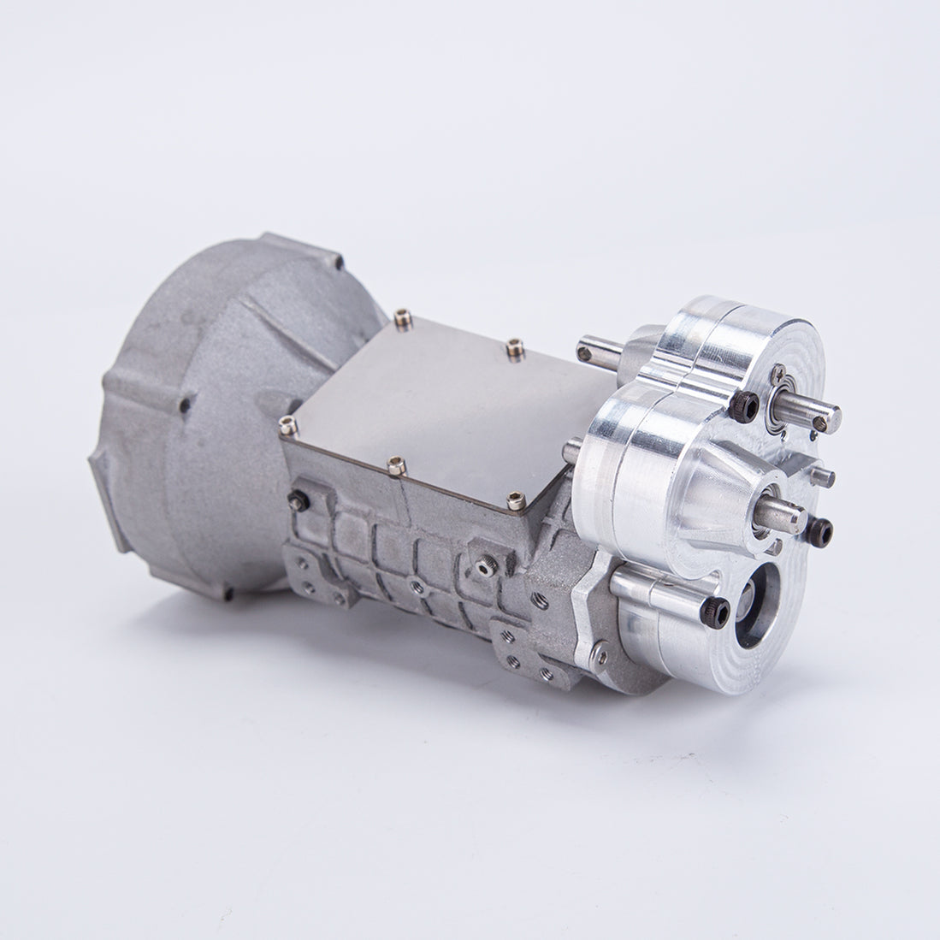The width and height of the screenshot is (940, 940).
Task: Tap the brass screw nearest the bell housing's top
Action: tap(403, 321)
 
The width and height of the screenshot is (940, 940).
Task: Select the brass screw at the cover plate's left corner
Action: tap(288, 424)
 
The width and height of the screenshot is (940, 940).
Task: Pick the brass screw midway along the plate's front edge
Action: tap(396, 466)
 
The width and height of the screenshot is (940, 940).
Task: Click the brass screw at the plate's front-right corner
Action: tap(516, 501)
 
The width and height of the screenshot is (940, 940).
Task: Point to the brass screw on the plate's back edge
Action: tap(514, 347)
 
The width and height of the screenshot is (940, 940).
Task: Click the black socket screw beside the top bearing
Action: tap(744, 406)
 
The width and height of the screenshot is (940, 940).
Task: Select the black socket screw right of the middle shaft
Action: tap(819, 532)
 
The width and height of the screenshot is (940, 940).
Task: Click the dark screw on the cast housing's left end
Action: tap(298, 501)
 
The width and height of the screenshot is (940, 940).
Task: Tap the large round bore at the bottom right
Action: tap(757, 605)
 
